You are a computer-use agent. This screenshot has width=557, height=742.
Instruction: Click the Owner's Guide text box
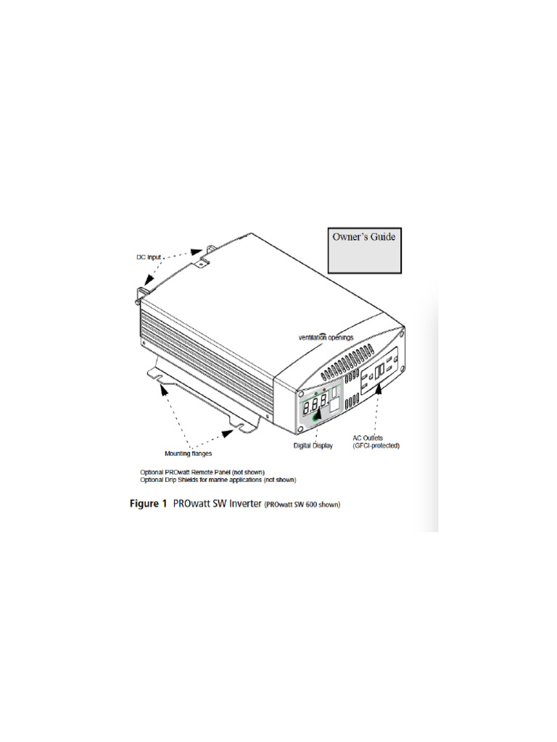coord(363,251)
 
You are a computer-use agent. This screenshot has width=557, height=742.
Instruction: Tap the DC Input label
coord(150,257)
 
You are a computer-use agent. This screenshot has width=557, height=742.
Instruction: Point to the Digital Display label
coord(313,446)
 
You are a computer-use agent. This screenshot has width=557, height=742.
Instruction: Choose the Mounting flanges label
coord(187,454)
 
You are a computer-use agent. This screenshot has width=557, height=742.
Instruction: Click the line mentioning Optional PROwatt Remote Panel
coord(202,472)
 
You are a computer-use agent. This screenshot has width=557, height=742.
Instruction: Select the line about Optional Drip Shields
coord(218,479)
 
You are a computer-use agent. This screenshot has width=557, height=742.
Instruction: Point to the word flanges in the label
coord(199,454)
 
